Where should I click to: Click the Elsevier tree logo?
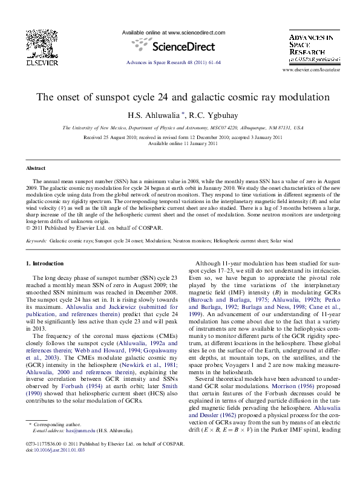[x=42, y=44]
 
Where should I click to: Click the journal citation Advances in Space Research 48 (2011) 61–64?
[x=173, y=62]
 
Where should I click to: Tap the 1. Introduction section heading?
[x=45, y=264]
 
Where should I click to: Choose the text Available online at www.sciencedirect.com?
[x=174, y=32]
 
